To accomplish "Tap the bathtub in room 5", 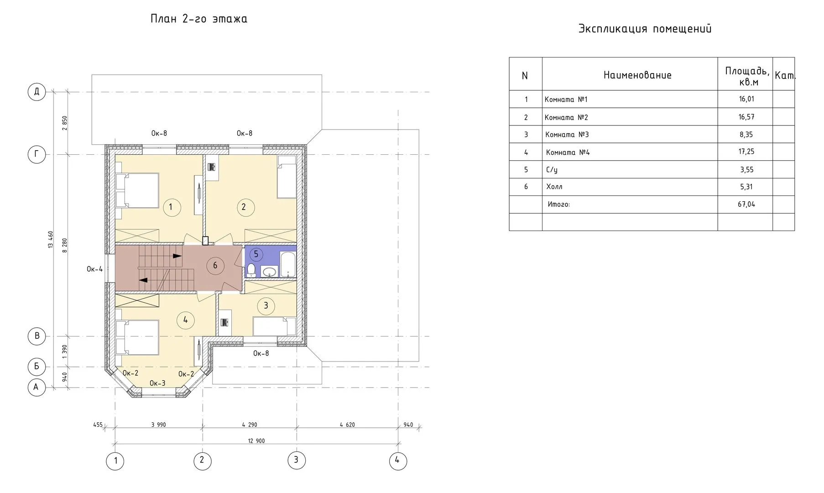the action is pyautogui.click(x=288, y=264).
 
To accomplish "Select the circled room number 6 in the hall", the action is pyautogui.click(x=215, y=266).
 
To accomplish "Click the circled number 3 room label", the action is pyautogui.click(x=266, y=306).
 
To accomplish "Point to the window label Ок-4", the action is pyautogui.click(x=95, y=269).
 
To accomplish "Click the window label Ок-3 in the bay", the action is pyautogui.click(x=157, y=383).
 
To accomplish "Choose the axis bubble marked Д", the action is pyautogui.click(x=37, y=92).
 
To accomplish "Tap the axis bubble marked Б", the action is pyautogui.click(x=37, y=367).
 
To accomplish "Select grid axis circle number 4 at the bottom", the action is pyautogui.click(x=398, y=461).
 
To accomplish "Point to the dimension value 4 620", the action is pyautogui.click(x=347, y=425).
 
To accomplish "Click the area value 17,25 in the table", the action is pyautogui.click(x=746, y=152).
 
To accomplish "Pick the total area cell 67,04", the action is pyautogui.click(x=746, y=204).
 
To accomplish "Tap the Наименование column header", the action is pyautogui.click(x=637, y=75).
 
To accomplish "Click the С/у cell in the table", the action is pyautogui.click(x=552, y=170).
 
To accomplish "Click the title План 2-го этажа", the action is pyautogui.click(x=199, y=19).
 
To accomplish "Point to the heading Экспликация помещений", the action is pyautogui.click(x=645, y=29).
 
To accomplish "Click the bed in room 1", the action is pyautogui.click(x=137, y=190).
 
